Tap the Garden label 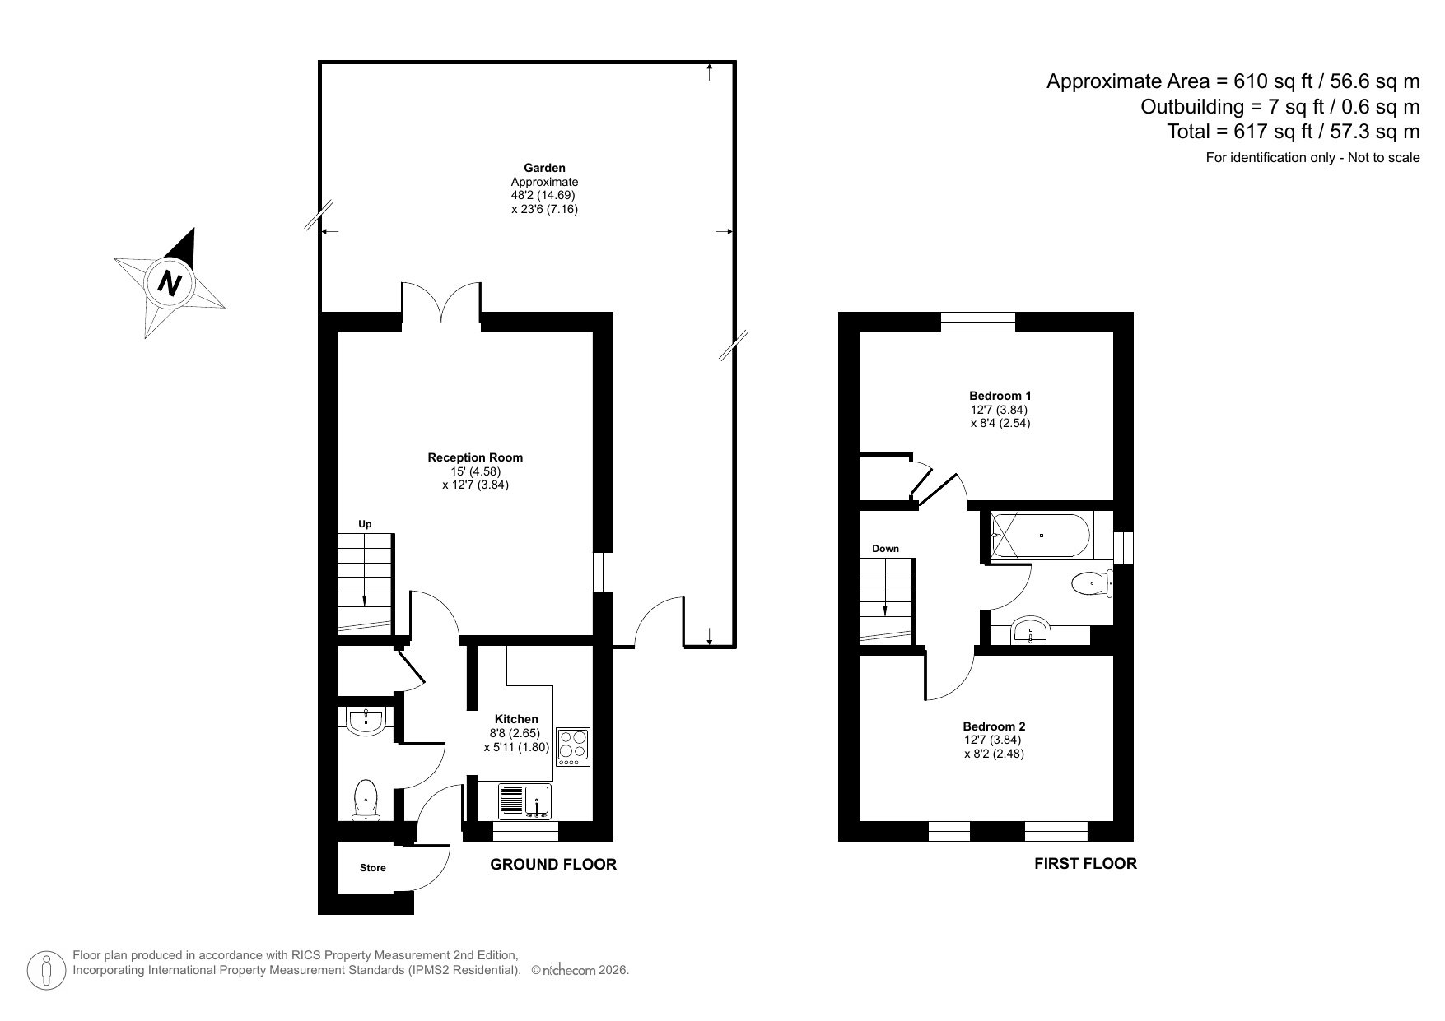(x=544, y=168)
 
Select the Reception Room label (x=475, y=457)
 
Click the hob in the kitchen (x=573, y=746)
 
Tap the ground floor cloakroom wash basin (x=366, y=722)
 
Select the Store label (x=372, y=867)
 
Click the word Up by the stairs (x=364, y=524)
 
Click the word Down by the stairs (x=885, y=548)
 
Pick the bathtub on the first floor (x=1042, y=536)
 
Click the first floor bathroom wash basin (x=1030, y=632)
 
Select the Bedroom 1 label (x=1000, y=396)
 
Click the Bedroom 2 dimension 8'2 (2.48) (x=994, y=753)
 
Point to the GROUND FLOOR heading (x=552, y=864)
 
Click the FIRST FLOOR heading (x=1085, y=863)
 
